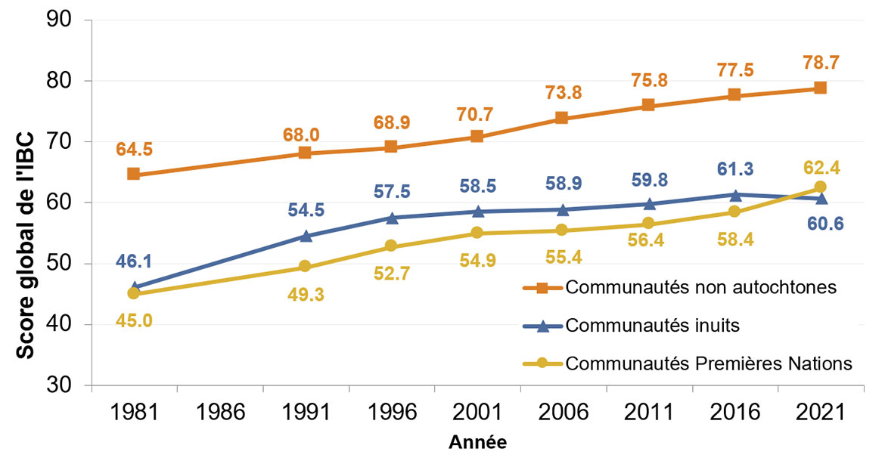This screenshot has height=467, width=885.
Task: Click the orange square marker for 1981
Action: click(x=133, y=174)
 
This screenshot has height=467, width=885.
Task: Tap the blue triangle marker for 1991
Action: click(x=306, y=236)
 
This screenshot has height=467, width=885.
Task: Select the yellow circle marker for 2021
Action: click(x=820, y=187)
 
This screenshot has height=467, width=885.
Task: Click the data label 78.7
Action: click(x=820, y=62)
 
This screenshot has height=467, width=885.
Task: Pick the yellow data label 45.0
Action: click(x=133, y=321)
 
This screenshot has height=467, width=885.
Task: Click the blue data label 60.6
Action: click(x=820, y=224)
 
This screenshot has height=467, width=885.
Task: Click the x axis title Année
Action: click(x=477, y=443)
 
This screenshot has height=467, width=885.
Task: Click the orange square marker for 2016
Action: click(x=734, y=94)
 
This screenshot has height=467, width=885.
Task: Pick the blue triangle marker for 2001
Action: click(x=477, y=211)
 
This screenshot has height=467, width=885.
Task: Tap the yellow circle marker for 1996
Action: click(x=391, y=246)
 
